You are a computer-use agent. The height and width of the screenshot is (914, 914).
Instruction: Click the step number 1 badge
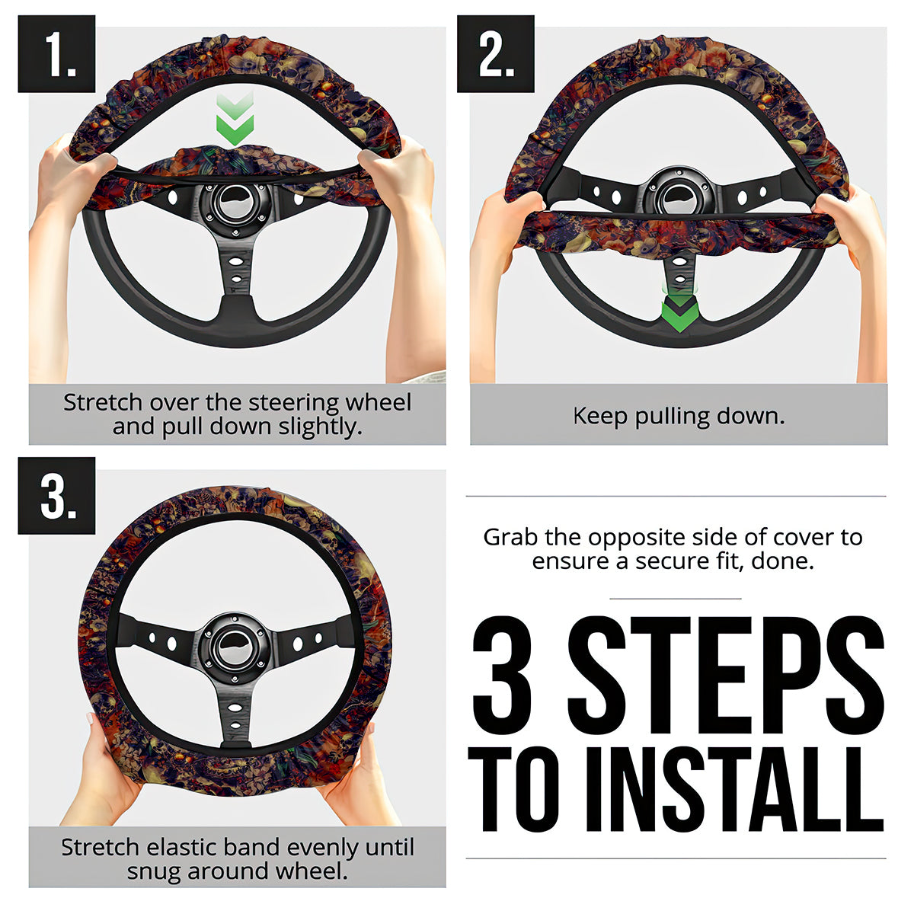[x=56, y=53]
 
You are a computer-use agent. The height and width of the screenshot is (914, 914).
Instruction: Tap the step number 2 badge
[x=495, y=53]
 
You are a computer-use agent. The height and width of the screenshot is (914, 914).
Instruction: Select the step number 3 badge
[x=56, y=496]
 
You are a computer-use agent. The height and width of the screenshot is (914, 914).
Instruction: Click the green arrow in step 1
[x=235, y=119]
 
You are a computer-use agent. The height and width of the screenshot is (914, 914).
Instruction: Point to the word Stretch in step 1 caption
[x=103, y=403]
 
